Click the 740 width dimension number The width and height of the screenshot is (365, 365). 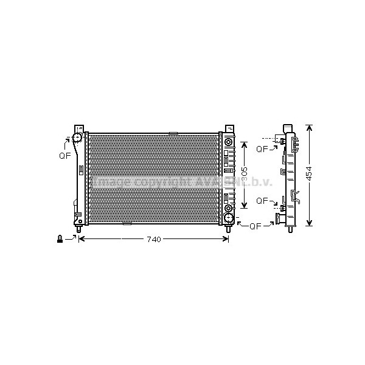(x=154, y=240)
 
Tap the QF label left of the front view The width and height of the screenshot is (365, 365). (x=64, y=156)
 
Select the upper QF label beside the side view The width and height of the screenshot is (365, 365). (x=263, y=148)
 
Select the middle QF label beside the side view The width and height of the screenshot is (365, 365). (x=263, y=200)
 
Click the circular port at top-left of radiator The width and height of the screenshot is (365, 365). (x=78, y=137)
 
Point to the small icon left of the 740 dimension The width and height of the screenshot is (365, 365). (x=60, y=239)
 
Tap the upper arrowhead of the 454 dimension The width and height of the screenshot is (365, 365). (x=309, y=128)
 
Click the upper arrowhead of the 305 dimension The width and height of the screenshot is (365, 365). (x=243, y=144)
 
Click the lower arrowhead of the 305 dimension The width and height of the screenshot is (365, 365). (x=243, y=206)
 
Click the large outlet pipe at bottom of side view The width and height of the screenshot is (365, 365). (x=280, y=217)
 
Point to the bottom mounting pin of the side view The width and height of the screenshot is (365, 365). (x=288, y=229)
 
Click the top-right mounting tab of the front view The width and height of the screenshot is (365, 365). (x=229, y=129)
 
